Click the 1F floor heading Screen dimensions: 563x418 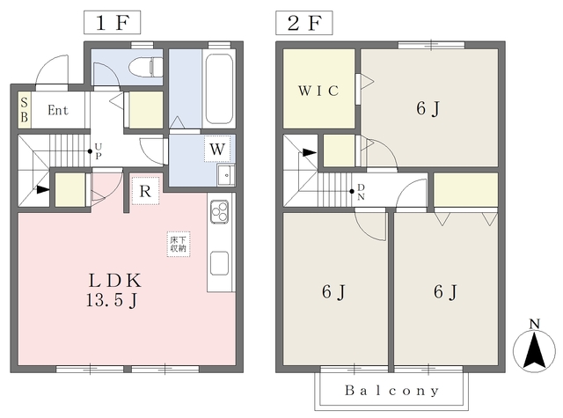112,23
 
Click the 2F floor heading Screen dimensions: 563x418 303,23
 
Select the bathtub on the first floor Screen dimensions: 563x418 218,88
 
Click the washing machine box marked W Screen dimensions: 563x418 217,149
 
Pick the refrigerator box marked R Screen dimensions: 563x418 145,191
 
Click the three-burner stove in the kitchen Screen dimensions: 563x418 219,211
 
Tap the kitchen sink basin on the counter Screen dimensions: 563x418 219,263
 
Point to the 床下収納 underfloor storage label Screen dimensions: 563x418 179,244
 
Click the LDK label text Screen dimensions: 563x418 115,281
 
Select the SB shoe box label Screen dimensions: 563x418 24,109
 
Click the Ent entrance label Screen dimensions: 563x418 58,110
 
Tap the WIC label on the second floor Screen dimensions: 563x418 318,91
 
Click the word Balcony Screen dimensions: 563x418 391,391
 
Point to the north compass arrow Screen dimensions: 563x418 534,350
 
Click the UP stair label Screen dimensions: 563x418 99,150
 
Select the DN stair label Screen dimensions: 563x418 361,192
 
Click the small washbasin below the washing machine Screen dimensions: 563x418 226,175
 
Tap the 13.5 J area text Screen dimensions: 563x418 112,300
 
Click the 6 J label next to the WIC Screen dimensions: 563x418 428,108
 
